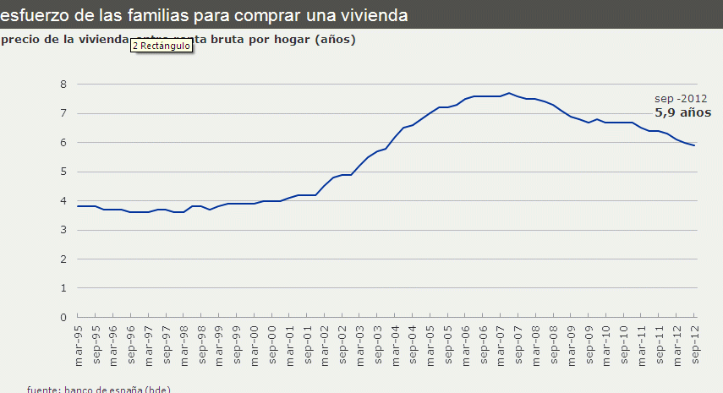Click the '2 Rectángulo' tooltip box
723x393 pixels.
pyautogui.click(x=162, y=46)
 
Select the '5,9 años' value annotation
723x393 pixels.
pyautogui.click(x=682, y=112)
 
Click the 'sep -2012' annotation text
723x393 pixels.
pyautogui.click(x=680, y=98)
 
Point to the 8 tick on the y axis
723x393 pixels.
pyautogui.click(x=63, y=84)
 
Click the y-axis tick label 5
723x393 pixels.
pyautogui.click(x=63, y=172)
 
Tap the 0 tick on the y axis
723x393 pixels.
pyautogui.click(x=63, y=317)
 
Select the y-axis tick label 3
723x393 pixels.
pyautogui.click(x=63, y=230)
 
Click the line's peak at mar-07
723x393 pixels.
pyautogui.click(x=508, y=93)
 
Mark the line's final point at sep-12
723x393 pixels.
pyautogui.click(x=694, y=145)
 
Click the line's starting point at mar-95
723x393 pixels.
pyautogui.click(x=78, y=206)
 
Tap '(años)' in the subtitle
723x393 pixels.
pyautogui.click(x=335, y=40)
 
